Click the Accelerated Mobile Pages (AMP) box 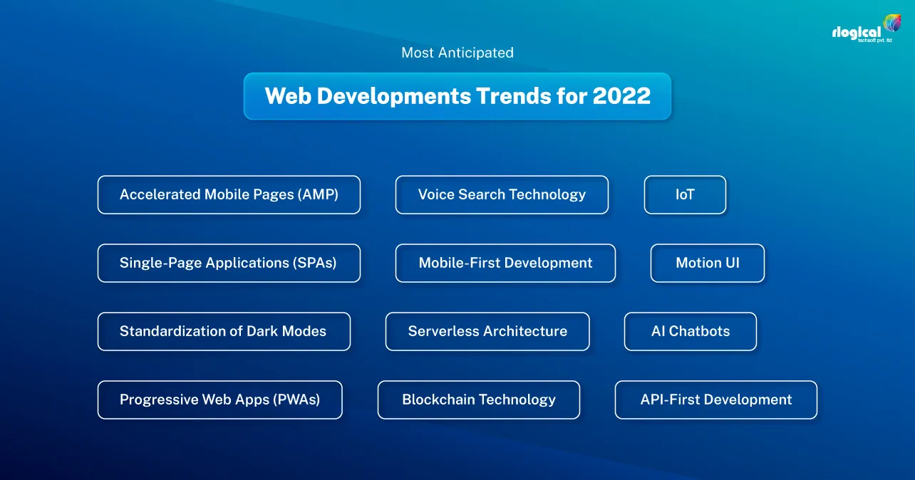[x=229, y=194]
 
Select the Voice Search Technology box [x=502, y=194]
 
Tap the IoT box [x=685, y=194]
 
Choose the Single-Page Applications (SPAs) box [x=229, y=263]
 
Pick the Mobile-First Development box [x=505, y=263]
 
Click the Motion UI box [x=707, y=263]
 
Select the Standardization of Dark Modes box [x=224, y=331]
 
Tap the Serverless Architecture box [x=487, y=331]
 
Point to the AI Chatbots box [x=690, y=331]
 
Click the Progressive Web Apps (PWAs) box [x=219, y=400]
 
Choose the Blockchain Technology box [x=478, y=400]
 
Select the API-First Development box [x=715, y=400]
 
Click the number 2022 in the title [x=621, y=96]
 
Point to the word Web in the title [x=288, y=96]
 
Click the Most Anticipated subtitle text [x=457, y=53]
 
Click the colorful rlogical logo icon [x=891, y=24]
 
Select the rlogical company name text [x=856, y=33]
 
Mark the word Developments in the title [x=385, y=96]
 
